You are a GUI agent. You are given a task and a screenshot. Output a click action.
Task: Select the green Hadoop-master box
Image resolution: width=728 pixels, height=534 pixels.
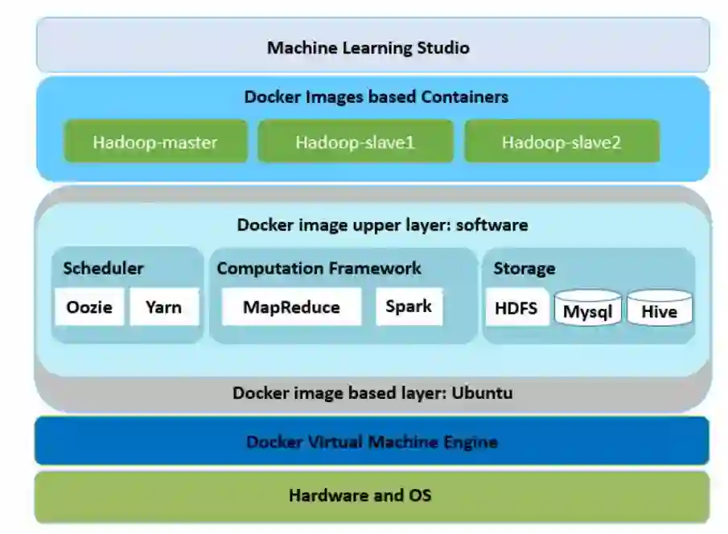click(x=155, y=142)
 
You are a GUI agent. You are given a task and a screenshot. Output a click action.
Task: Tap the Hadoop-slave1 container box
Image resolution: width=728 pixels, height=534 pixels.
click(x=355, y=142)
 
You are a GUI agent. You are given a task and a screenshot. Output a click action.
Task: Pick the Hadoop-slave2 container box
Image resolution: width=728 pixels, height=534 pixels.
click(x=561, y=142)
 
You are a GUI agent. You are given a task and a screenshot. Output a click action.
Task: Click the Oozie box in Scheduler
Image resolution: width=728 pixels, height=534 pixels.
click(x=89, y=306)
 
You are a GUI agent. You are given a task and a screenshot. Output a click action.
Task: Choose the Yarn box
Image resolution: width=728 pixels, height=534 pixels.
click(x=163, y=306)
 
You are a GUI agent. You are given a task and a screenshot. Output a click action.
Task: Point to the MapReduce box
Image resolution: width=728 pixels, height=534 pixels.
click(x=291, y=306)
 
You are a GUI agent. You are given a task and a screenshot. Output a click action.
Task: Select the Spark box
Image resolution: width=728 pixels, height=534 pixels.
click(x=409, y=306)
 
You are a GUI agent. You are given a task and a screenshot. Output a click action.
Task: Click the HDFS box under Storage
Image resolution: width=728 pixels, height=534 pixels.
click(x=516, y=307)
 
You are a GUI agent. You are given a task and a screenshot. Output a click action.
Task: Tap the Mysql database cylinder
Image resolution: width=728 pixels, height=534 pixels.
click(x=587, y=310)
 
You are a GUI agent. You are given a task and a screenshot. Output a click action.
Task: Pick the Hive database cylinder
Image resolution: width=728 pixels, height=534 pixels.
click(x=659, y=310)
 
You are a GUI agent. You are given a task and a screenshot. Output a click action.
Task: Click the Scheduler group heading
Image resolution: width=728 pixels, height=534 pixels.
click(x=103, y=268)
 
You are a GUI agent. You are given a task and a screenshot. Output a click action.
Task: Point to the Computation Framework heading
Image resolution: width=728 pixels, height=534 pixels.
click(x=319, y=268)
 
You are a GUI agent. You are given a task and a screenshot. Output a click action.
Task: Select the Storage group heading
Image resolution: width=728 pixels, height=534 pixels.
click(x=524, y=269)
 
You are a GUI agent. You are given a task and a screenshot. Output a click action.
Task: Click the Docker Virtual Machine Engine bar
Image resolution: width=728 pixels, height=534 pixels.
click(x=372, y=442)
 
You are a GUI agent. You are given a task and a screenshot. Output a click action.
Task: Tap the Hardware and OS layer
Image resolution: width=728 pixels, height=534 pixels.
click(x=372, y=495)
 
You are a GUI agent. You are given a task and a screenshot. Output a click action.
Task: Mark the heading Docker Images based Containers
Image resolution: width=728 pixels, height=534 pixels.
click(x=376, y=97)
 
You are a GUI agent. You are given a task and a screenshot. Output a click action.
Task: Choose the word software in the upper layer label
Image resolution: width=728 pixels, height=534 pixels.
click(x=492, y=224)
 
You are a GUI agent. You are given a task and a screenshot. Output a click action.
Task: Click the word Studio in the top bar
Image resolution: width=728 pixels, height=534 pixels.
click(x=442, y=47)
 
